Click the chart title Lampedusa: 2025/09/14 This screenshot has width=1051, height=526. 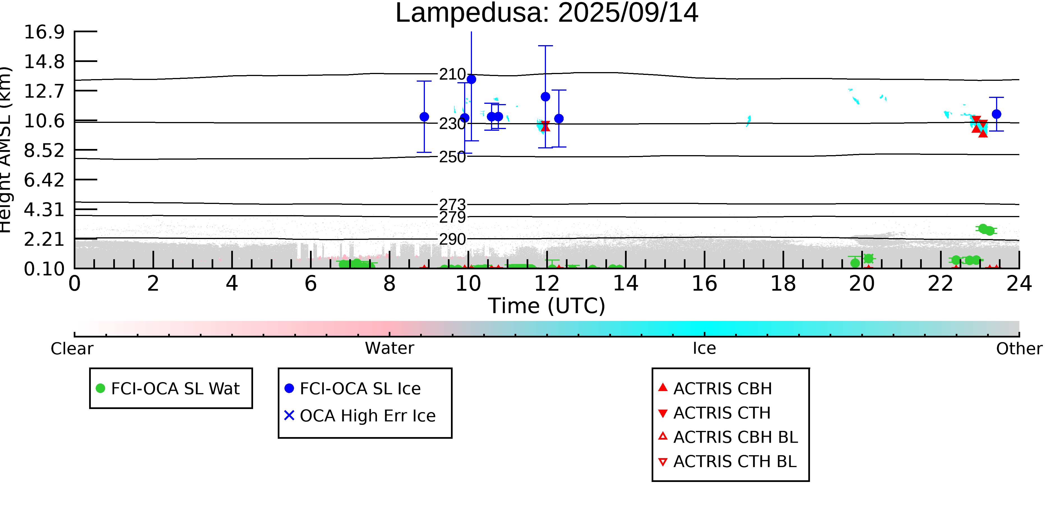(547, 13)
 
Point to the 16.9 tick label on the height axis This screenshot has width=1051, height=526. (44, 32)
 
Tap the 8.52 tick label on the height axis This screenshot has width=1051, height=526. (44, 151)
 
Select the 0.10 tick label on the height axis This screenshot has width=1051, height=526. (44, 269)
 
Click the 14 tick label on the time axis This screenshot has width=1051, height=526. (626, 283)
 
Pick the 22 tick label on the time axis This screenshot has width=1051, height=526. (940, 283)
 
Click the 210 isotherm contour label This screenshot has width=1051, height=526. (452, 74)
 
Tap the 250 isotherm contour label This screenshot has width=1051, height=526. (452, 157)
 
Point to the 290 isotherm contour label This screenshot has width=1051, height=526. (452, 239)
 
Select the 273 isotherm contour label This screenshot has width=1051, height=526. (452, 204)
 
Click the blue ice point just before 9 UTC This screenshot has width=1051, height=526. (424, 117)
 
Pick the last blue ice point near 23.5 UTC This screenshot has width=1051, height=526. (996, 114)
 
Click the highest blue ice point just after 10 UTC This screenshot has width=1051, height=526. (471, 79)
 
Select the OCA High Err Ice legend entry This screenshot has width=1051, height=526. (360, 416)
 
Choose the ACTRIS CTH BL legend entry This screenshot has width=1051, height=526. (728, 461)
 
